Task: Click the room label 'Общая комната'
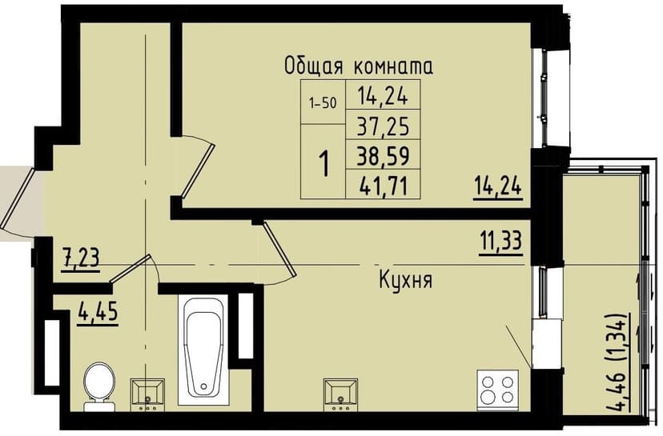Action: (x=359, y=66)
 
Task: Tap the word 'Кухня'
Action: (x=406, y=281)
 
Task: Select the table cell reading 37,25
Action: (x=383, y=124)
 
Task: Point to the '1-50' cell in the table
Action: (x=322, y=103)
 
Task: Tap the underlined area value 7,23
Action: (x=81, y=258)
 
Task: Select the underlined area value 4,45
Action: (x=98, y=309)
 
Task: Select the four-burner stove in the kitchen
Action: (x=496, y=390)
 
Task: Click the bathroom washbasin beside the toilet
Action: (x=148, y=392)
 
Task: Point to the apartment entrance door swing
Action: (x=18, y=200)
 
